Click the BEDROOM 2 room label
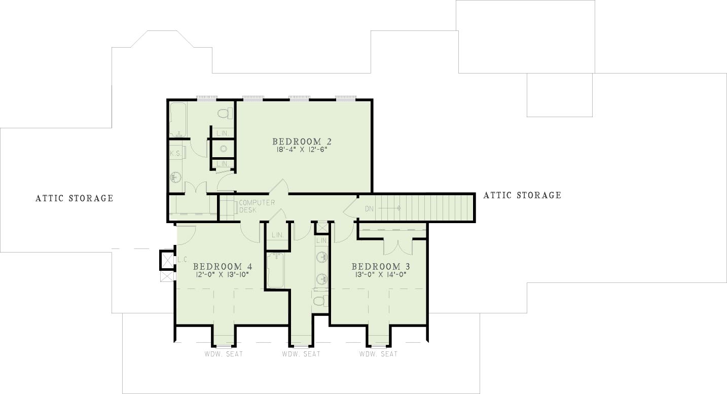(302, 142)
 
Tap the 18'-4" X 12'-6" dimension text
(301, 150)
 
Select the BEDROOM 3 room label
(381, 267)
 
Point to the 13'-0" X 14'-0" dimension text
(381, 274)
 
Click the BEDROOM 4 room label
(223, 267)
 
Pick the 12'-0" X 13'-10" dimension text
(222, 274)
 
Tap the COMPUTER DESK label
(257, 206)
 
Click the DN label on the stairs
(370, 209)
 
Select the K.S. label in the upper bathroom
(175, 154)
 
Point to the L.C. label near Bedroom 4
(183, 260)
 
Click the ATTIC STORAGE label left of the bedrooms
(75, 198)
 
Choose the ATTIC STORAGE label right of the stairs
(522, 195)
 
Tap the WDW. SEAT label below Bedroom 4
(224, 354)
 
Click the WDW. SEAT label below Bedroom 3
(378, 354)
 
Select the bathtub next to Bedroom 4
(276, 270)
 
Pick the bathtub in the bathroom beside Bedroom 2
(178, 120)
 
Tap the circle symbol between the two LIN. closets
(223, 149)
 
